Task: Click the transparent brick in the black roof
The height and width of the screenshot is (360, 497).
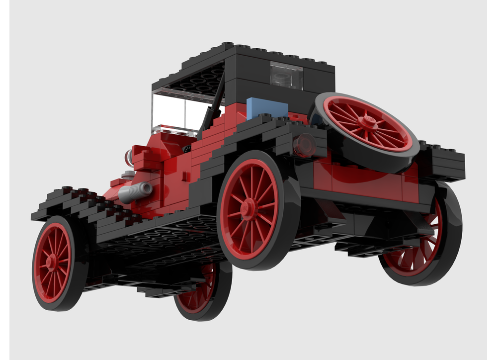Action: (x=286, y=75)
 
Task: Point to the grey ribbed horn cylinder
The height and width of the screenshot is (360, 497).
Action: (x=135, y=191)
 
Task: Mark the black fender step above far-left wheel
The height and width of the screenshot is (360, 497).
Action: (x=75, y=204)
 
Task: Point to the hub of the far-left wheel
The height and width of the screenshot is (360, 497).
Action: (x=52, y=262)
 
